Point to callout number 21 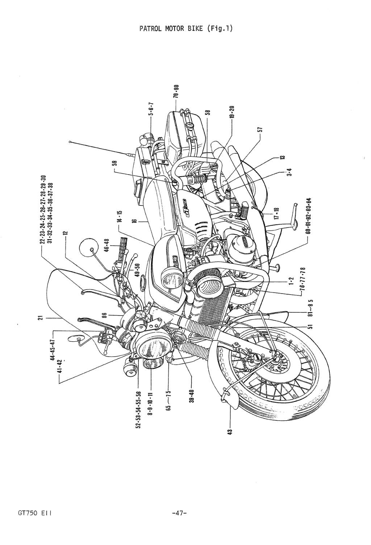[41, 318]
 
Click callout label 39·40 [191, 395]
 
